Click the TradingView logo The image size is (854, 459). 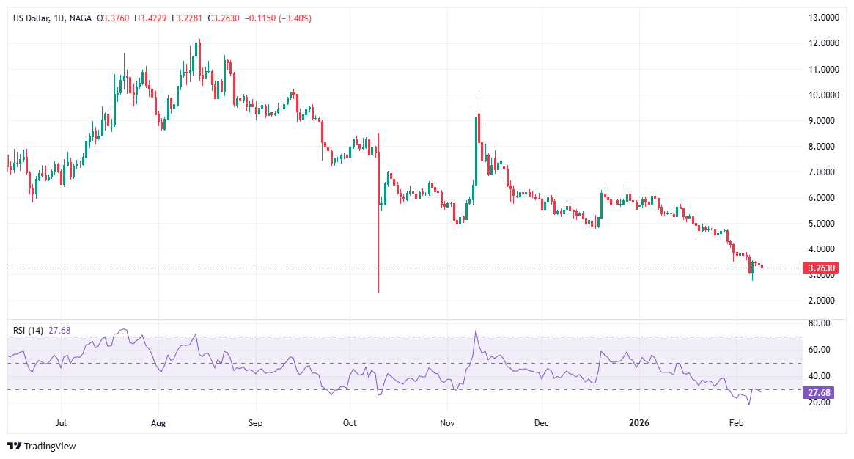tap(42, 446)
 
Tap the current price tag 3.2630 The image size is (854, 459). tap(822, 268)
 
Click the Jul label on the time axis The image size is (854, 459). tap(62, 423)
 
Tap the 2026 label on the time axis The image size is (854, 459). tap(639, 423)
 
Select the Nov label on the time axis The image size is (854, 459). tap(446, 423)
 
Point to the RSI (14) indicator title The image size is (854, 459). tap(29, 331)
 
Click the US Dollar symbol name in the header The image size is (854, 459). tap(32, 18)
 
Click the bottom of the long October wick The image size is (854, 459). tap(378, 293)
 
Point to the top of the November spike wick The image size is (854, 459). tap(479, 91)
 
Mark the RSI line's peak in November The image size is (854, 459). tap(476, 331)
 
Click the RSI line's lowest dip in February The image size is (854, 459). tap(748, 404)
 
